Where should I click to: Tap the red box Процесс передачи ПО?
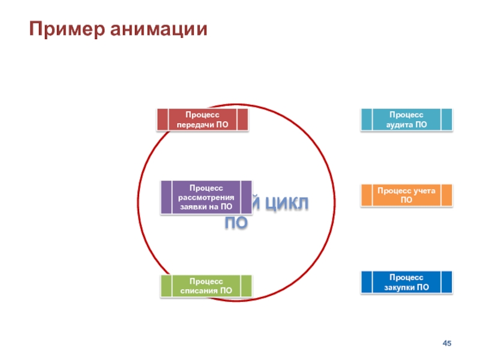[202, 119]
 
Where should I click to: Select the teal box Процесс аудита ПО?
[406, 119]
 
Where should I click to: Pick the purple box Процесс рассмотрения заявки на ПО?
[206, 197]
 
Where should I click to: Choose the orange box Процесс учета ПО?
[406, 195]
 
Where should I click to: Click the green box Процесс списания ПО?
[206, 286]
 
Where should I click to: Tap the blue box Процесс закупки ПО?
[406, 282]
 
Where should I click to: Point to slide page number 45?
[446, 343]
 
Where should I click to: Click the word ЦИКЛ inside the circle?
[287, 204]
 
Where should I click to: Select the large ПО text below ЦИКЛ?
[236, 224]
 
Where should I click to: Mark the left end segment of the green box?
[166, 286]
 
